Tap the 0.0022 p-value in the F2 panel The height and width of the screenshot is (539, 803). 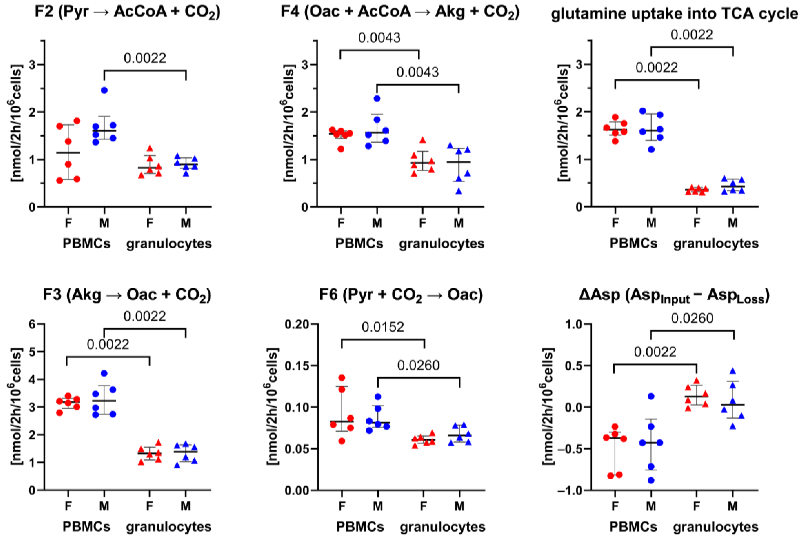pos(145,58)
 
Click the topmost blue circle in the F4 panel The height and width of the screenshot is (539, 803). pos(377,99)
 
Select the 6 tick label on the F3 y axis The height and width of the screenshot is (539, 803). pos(32,324)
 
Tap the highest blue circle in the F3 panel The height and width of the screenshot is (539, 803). pos(104,373)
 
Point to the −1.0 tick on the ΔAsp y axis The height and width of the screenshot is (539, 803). pos(570,490)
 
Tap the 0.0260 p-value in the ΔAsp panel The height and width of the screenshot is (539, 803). pos(692,319)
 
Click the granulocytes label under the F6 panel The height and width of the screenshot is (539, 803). pos(443,527)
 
